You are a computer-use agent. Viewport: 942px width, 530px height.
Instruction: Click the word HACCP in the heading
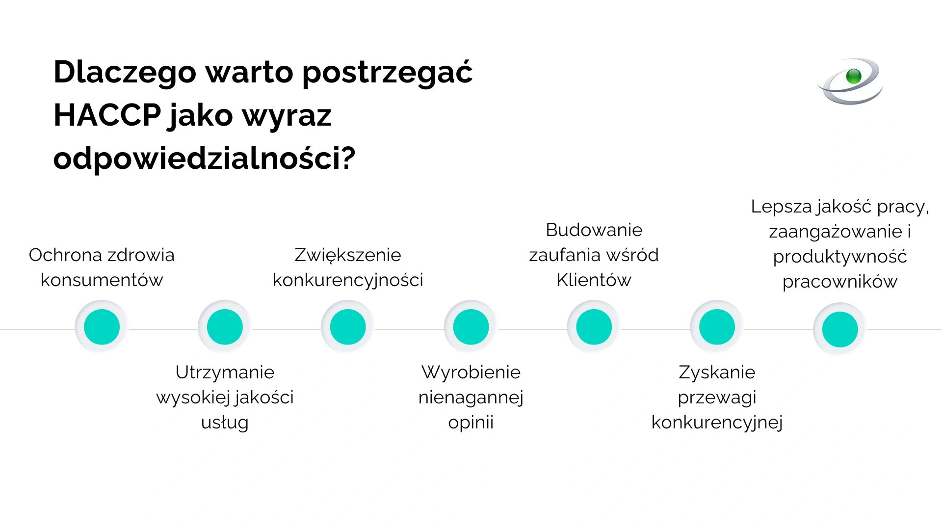(x=107, y=116)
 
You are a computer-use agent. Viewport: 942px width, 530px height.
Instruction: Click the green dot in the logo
(x=854, y=76)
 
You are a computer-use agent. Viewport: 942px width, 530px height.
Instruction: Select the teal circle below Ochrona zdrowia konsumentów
(x=102, y=327)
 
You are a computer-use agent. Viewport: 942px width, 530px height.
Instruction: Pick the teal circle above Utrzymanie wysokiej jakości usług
(x=225, y=327)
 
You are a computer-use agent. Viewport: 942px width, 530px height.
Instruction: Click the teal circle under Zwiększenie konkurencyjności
(x=348, y=327)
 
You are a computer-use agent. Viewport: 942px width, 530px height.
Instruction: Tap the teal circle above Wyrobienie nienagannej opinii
(x=471, y=327)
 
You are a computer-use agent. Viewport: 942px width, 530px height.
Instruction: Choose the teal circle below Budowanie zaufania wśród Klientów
(x=594, y=327)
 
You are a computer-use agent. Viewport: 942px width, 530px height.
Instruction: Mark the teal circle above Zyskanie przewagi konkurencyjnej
(x=717, y=327)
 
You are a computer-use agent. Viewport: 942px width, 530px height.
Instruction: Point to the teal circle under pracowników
(x=840, y=329)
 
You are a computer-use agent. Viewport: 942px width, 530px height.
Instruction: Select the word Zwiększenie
(x=347, y=255)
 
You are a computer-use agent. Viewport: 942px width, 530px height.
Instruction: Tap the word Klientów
(x=594, y=280)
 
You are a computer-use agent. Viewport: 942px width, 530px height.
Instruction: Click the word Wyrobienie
(x=471, y=372)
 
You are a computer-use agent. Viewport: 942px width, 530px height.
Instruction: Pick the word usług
(x=225, y=423)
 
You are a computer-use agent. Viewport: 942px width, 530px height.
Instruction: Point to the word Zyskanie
(x=717, y=372)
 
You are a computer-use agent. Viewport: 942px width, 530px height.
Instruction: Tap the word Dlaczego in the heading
(x=125, y=73)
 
